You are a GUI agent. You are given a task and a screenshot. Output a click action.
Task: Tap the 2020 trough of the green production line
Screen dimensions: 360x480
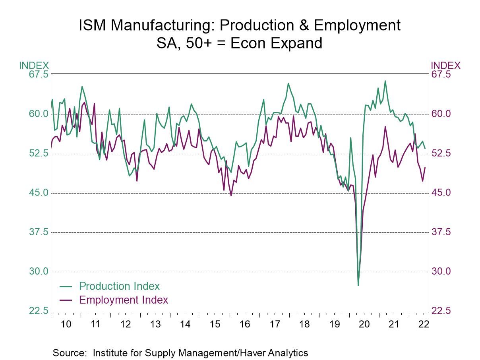[x=358, y=285]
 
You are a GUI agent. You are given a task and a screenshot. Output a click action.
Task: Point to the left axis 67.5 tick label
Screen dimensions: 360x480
[x=38, y=75]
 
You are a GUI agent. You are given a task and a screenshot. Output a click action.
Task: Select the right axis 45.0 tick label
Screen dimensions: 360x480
[x=442, y=193]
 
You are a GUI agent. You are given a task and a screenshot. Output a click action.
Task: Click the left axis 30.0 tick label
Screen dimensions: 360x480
[x=38, y=271]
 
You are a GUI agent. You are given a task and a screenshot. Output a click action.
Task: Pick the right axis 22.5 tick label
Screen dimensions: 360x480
[x=442, y=311]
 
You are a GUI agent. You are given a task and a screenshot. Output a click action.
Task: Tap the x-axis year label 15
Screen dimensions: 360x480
[x=215, y=324]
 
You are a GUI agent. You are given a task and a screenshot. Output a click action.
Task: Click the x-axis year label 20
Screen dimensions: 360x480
[x=364, y=324]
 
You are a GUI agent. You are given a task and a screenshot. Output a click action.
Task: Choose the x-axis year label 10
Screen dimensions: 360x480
[x=66, y=324]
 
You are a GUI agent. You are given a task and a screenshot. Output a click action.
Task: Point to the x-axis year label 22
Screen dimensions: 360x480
[x=424, y=324]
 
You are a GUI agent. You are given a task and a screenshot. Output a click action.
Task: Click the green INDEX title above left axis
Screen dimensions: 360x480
[x=34, y=66]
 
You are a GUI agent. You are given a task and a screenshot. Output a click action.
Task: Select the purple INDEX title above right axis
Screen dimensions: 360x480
[x=445, y=66]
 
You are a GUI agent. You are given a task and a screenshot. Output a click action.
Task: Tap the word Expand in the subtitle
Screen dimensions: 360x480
[x=296, y=43]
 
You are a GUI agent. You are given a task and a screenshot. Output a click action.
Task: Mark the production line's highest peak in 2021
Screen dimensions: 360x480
[x=385, y=81]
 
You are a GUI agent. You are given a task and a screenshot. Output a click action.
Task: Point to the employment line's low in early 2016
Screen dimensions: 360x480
[x=231, y=195]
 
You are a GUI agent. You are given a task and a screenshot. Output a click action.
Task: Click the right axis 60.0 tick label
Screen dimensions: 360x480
[x=442, y=114]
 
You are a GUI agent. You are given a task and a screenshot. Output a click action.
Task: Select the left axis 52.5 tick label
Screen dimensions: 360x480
[x=38, y=153]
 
